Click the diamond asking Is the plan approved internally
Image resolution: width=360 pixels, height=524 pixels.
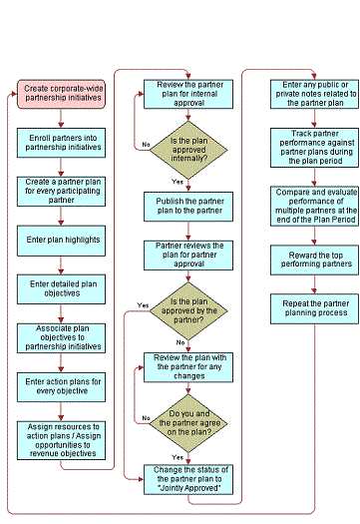(184, 149)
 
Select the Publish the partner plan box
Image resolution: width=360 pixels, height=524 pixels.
(184, 205)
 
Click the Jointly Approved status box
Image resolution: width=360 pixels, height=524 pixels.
(184, 476)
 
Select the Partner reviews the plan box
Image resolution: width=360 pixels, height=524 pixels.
(184, 252)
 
